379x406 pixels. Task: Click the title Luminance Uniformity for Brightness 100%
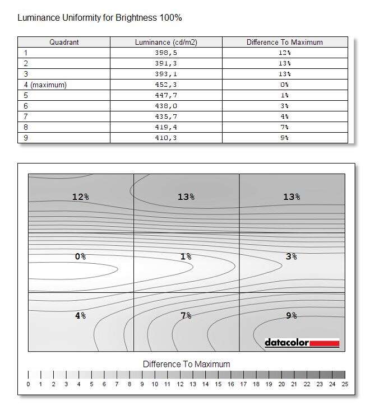click(x=100, y=17)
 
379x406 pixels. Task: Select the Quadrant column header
click(x=64, y=42)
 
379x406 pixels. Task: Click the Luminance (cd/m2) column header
click(x=166, y=42)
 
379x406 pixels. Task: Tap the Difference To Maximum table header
click(x=285, y=42)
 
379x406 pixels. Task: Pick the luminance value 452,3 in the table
click(x=166, y=85)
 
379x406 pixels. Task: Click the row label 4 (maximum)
click(x=45, y=85)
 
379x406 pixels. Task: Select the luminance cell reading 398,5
click(x=166, y=53)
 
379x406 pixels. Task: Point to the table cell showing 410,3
click(x=166, y=138)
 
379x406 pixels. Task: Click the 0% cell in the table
click(x=285, y=85)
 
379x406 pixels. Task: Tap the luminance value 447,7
click(x=166, y=95)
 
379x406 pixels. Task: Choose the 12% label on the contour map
click(x=81, y=197)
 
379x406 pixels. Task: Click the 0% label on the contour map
click(x=81, y=256)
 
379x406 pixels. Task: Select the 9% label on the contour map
click(x=292, y=316)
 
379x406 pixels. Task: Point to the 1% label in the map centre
click(x=186, y=256)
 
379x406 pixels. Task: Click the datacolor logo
click(x=302, y=342)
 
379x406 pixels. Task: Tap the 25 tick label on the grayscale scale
click(x=345, y=384)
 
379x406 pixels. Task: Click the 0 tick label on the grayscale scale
click(x=28, y=384)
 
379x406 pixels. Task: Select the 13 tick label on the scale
click(x=193, y=384)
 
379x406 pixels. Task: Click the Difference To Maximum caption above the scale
click(x=186, y=364)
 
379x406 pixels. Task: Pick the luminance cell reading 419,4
click(x=166, y=127)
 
